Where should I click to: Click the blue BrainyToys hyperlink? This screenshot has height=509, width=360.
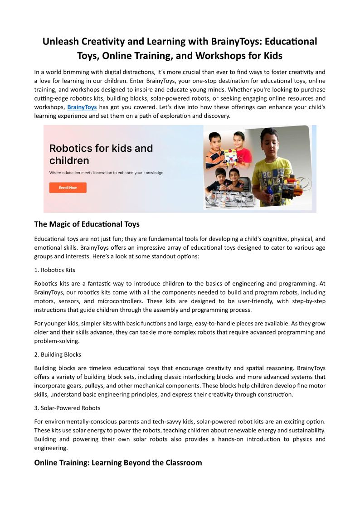point(82,107)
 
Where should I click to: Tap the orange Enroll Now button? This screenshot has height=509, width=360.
point(68,188)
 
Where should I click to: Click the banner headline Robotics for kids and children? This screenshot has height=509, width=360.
point(101,154)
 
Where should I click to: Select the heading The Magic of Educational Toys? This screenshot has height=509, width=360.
point(87,224)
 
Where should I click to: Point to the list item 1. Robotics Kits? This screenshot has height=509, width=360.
point(54,270)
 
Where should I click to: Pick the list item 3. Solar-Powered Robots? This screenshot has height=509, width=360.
point(67,408)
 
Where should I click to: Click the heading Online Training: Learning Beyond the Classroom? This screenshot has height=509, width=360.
point(118,463)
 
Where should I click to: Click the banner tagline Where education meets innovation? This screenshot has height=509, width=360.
point(106,173)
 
